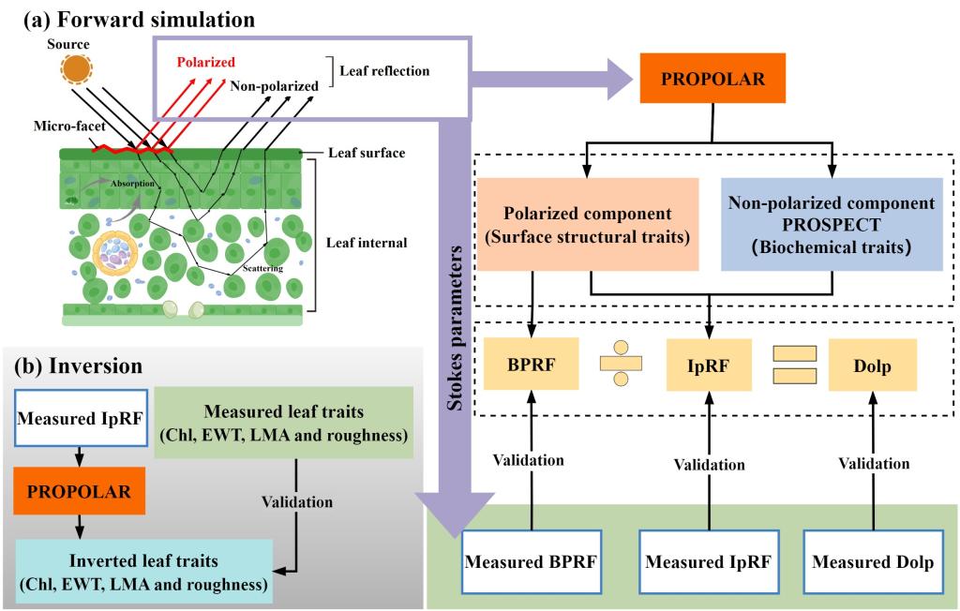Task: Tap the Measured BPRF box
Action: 532,563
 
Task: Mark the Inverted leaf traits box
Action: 143,571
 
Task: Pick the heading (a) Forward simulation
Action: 132,17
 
